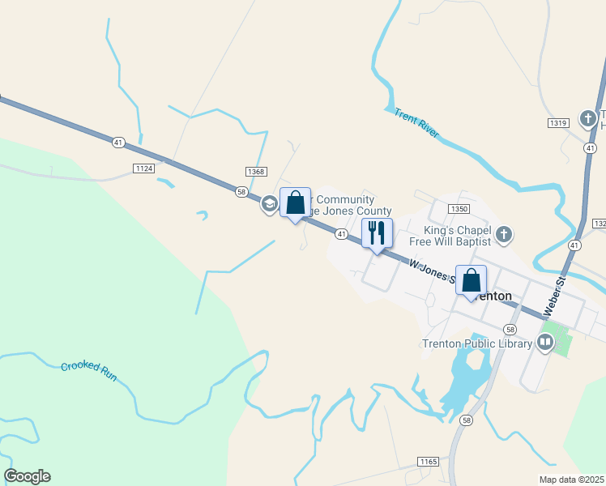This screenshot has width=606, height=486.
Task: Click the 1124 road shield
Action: point(143,168)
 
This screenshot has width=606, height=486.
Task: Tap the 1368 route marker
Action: point(256,171)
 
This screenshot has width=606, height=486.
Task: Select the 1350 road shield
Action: point(459,209)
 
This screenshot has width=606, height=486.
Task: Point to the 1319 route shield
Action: point(558,122)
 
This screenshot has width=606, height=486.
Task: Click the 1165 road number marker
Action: point(429,462)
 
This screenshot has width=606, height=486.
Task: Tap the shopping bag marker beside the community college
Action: point(295,202)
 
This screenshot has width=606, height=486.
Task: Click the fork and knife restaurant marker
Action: point(377,233)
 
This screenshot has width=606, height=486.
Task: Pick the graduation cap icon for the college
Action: point(269,202)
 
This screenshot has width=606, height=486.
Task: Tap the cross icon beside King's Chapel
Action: point(503,235)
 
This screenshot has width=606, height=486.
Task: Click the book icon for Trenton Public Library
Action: point(544,343)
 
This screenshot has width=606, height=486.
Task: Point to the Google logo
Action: point(27,476)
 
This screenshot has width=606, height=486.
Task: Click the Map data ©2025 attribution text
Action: point(571,479)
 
